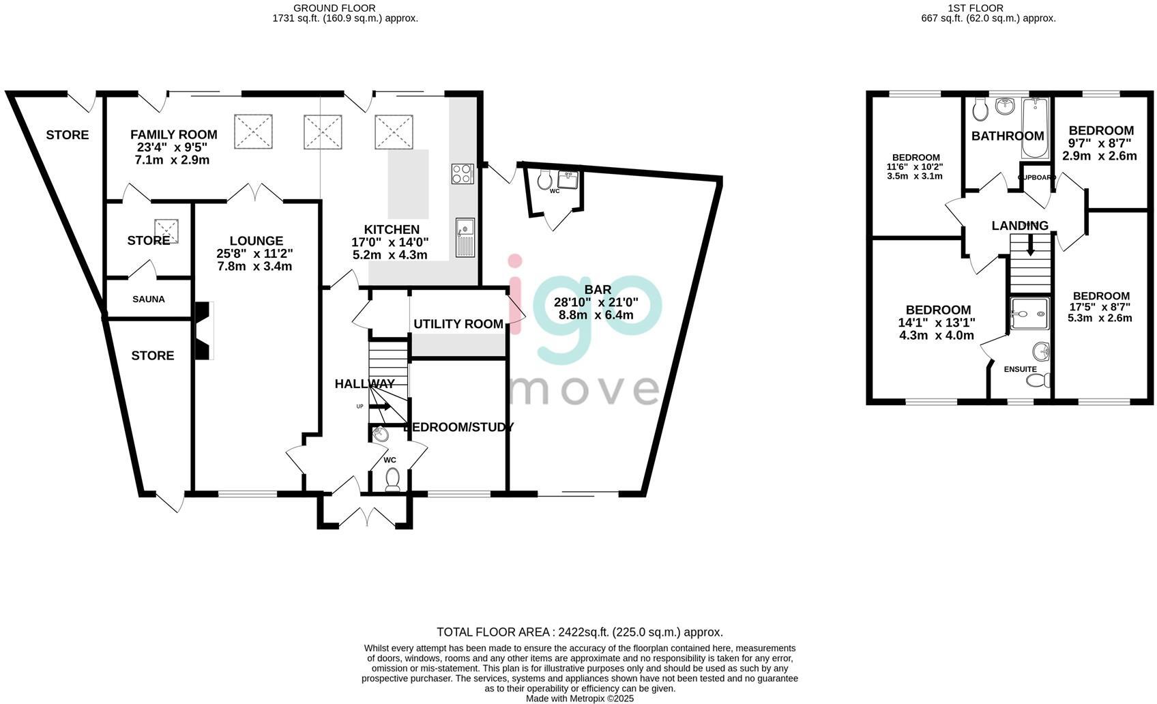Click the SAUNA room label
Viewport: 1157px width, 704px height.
pyautogui.click(x=148, y=299)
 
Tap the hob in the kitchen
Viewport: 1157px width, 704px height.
pyautogui.click(x=462, y=173)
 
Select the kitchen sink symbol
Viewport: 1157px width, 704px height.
pyautogui.click(x=465, y=237)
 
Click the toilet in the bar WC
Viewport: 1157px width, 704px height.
pyautogui.click(x=544, y=179)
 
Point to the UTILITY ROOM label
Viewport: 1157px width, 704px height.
pyautogui.click(x=458, y=324)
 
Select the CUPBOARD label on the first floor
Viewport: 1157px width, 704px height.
pyautogui.click(x=1036, y=177)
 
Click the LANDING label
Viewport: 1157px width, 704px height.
pyautogui.click(x=1019, y=226)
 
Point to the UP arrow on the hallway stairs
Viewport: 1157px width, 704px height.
pyautogui.click(x=380, y=407)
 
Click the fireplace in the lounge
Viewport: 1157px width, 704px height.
pyautogui.click(x=204, y=330)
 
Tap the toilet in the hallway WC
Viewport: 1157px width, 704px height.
pyautogui.click(x=392, y=480)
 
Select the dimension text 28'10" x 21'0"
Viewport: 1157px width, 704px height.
pyautogui.click(x=596, y=302)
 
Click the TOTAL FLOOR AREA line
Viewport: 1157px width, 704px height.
pyautogui.click(x=579, y=632)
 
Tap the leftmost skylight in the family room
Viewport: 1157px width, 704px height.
pyautogui.click(x=254, y=131)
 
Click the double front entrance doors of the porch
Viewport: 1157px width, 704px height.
pyautogui.click(x=366, y=517)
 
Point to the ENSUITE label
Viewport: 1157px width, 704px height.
pyautogui.click(x=1020, y=369)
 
